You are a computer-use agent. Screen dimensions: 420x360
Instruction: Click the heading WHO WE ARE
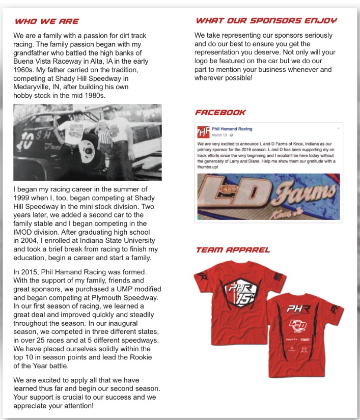[46, 21]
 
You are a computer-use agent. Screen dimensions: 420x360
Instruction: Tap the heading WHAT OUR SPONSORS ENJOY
[266, 21]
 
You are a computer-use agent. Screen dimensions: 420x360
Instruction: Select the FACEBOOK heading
[220, 112]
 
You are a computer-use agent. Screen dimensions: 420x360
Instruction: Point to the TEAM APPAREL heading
[233, 250]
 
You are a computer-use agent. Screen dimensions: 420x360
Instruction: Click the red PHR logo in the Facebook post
[203, 132]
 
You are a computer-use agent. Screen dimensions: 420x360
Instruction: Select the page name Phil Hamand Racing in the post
[232, 129]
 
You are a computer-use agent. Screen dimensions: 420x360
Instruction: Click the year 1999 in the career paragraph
[25, 198]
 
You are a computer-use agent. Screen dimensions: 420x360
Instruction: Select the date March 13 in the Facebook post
[219, 135]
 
